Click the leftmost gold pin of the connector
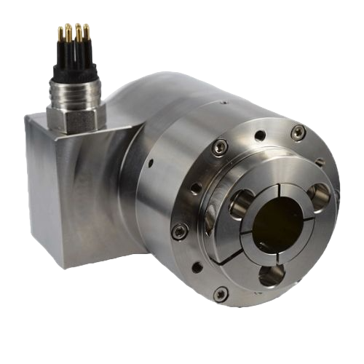[60, 34]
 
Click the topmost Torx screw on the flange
[297, 131]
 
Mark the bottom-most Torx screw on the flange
[222, 293]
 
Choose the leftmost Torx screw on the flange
[176, 231]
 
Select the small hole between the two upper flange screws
[258, 135]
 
